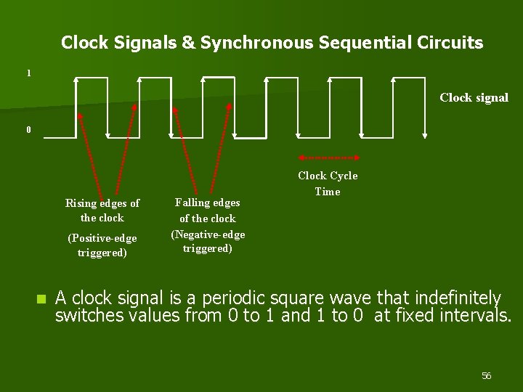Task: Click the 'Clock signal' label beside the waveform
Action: [474, 98]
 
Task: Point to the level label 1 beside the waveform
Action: [28, 73]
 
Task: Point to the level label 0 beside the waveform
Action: [28, 131]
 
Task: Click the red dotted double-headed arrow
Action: [330, 157]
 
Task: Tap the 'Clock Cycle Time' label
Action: [328, 184]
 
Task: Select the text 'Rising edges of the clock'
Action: [102, 211]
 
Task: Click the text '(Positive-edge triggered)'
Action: [102, 245]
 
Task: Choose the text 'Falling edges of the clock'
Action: [208, 211]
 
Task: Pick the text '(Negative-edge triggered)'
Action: [208, 242]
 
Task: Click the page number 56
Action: [486, 376]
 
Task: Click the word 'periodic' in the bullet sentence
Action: [232, 298]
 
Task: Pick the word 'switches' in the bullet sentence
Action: [82, 316]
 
